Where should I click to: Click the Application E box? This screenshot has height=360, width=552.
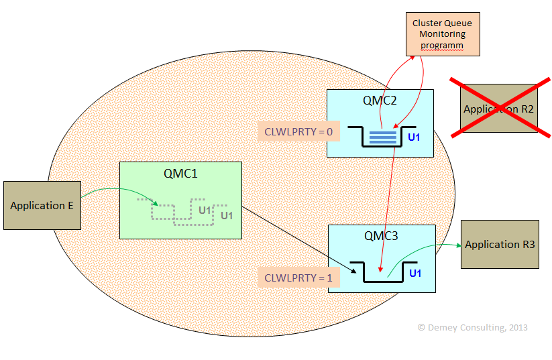42,205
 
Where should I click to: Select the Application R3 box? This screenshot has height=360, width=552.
500,244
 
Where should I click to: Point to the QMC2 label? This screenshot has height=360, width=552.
380,101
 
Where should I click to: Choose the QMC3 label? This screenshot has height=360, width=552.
381,236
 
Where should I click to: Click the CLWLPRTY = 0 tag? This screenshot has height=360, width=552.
298,131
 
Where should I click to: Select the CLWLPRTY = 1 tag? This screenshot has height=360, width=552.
298,277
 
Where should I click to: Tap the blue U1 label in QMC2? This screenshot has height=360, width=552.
414,137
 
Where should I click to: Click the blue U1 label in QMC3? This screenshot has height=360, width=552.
415,273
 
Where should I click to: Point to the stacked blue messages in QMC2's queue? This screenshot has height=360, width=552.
383,137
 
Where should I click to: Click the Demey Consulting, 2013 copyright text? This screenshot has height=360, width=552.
472,328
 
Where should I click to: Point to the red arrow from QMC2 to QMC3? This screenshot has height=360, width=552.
387,201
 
